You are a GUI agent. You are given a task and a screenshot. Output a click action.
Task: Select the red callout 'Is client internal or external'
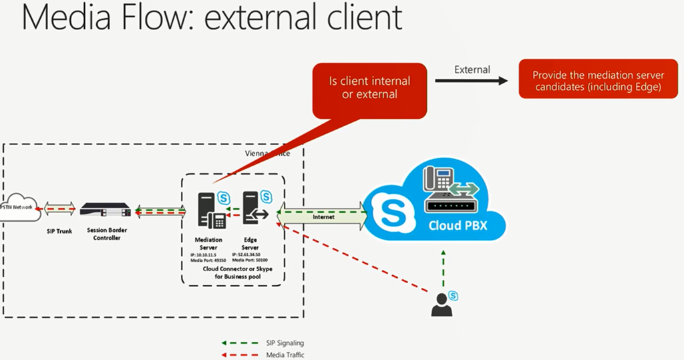pyautogui.click(x=369, y=88)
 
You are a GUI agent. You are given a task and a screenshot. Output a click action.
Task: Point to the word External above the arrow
pyautogui.click(x=472, y=69)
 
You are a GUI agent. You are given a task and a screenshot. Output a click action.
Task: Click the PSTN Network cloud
pyautogui.click(x=19, y=208)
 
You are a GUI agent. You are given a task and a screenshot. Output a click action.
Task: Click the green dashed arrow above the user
pyautogui.click(x=442, y=270)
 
